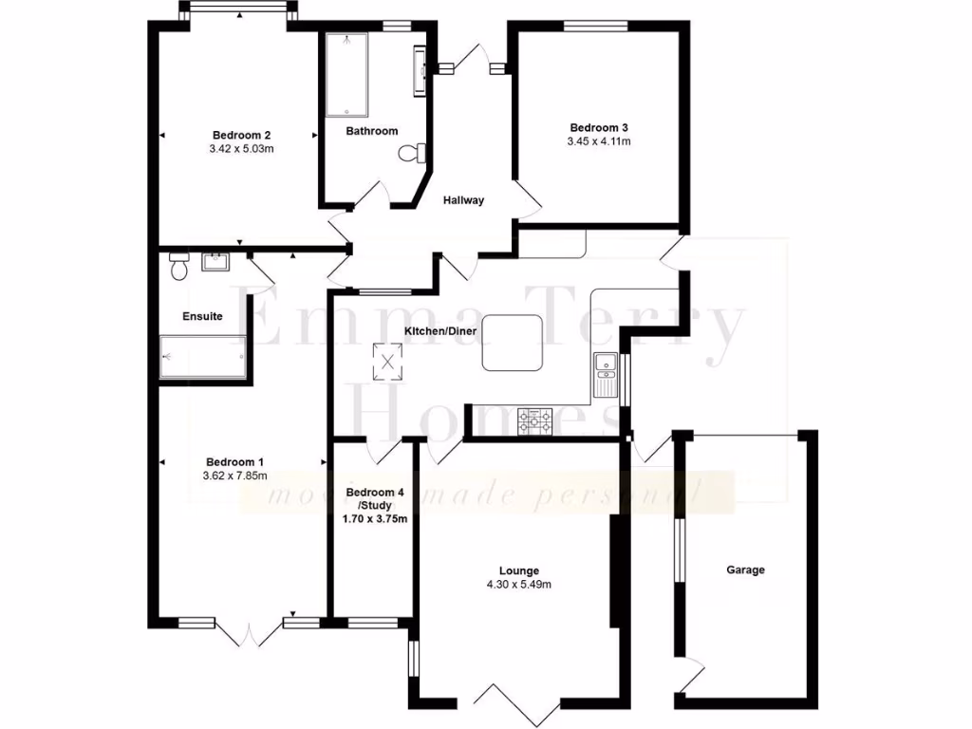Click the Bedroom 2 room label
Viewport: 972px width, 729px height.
click(235, 134)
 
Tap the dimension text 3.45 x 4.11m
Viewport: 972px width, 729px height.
click(599, 141)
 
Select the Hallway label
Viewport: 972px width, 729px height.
click(464, 200)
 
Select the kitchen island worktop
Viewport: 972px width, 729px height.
click(513, 344)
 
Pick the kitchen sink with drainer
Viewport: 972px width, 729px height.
click(605, 373)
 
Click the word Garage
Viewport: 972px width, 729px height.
click(745, 570)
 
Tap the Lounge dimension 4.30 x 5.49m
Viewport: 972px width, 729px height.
click(518, 585)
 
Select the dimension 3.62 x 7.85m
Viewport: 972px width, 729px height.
click(235, 476)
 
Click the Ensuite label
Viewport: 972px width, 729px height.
click(203, 316)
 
